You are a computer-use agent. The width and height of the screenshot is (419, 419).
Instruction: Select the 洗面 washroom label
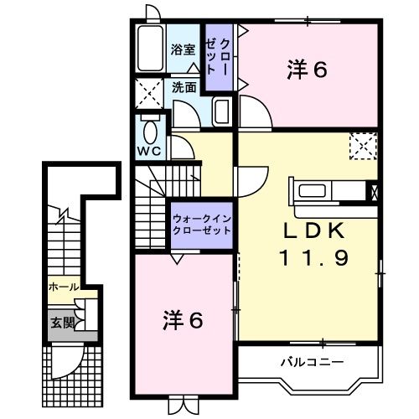(184, 86)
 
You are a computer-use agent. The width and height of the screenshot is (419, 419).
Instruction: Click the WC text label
(149, 152)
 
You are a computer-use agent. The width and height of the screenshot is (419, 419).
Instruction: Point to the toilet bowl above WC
(149, 132)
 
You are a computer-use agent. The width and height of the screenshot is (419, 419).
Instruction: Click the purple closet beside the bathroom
(222, 55)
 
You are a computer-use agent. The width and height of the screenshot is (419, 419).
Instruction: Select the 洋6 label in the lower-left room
(184, 319)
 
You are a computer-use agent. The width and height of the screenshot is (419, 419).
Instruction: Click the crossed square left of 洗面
(151, 92)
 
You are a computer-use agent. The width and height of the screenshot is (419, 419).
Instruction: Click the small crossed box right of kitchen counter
(373, 191)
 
